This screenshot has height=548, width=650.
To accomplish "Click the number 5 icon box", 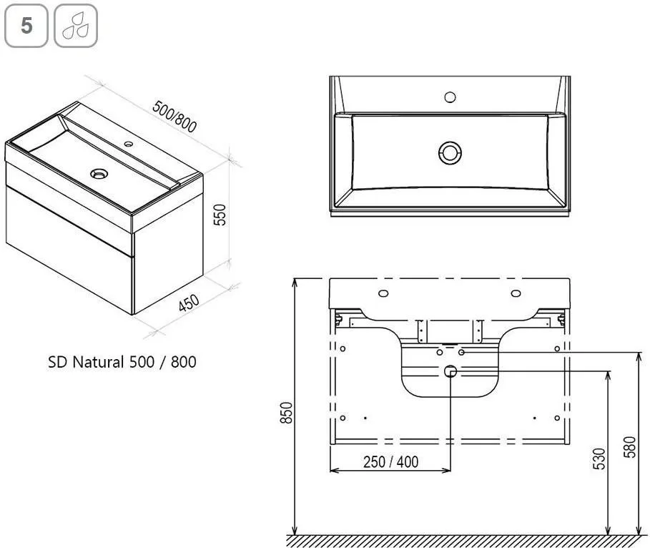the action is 26,26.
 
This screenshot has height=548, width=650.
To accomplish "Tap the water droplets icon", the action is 76,26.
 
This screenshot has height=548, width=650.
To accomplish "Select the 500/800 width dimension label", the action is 174,117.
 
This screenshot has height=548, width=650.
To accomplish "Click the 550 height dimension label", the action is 220,215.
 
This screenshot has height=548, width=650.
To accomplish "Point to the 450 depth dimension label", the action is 189,303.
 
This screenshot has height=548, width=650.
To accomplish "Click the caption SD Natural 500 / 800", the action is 122,362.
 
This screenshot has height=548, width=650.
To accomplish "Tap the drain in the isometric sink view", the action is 99,173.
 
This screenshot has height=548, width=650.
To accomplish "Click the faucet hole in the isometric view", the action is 129,145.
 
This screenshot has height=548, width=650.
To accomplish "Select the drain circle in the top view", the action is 450,152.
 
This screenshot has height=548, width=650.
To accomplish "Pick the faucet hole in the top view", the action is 450,97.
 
